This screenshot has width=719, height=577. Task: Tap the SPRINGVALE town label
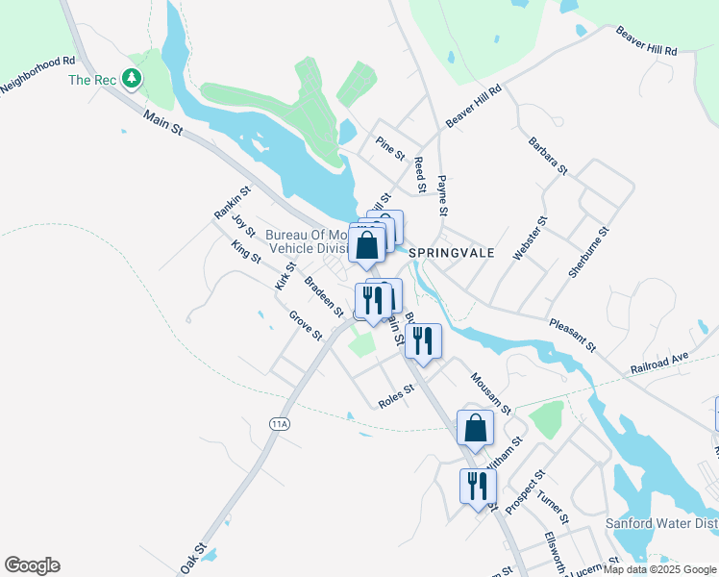(451, 252)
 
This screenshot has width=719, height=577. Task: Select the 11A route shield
(280, 423)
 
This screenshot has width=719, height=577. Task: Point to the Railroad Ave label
(660, 362)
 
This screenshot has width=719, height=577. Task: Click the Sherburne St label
(589, 252)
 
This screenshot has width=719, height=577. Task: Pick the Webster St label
(530, 238)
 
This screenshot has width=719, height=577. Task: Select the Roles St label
(395, 395)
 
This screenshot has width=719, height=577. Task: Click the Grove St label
(306, 325)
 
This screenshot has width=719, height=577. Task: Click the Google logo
(32, 565)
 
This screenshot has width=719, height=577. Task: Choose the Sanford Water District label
(661, 524)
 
